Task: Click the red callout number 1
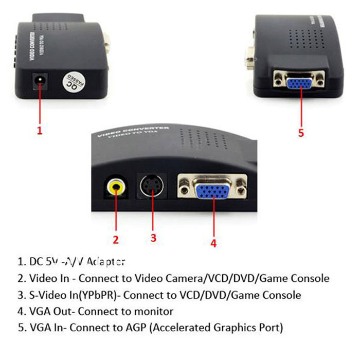(x=39, y=131)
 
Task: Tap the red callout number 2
(x=116, y=239)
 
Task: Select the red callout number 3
(x=153, y=238)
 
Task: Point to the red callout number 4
(x=213, y=243)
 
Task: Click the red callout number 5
(x=301, y=133)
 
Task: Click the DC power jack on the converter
(x=39, y=81)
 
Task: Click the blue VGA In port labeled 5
(x=301, y=81)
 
